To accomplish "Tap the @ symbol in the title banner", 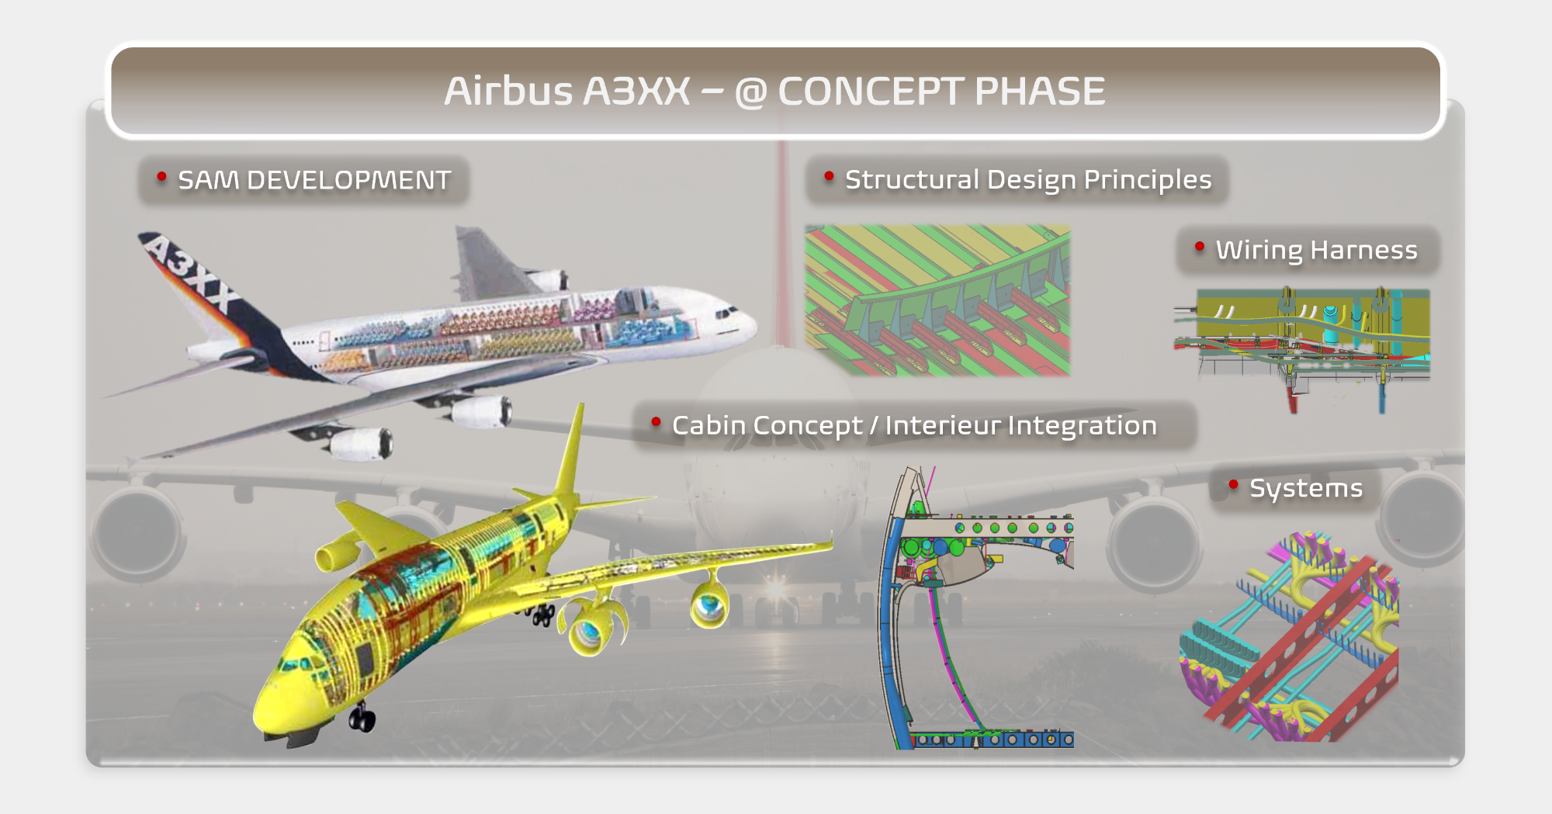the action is tap(750, 93).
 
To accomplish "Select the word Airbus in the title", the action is tap(508, 91).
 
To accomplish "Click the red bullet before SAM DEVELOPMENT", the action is tap(161, 177).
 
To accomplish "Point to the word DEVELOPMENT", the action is tap(348, 181).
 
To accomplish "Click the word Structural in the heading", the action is tap(912, 180).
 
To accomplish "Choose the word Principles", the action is tap(1148, 181).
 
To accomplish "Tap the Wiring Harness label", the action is tap(1316, 251).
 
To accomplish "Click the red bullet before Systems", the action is tap(1233, 485).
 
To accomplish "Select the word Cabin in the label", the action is tap(703, 425).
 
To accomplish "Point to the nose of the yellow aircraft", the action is tap(259, 718).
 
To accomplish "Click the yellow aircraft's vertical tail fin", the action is tap(570, 458).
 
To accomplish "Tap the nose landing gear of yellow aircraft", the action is tap(361, 718).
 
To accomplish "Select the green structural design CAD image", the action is tap(937, 301).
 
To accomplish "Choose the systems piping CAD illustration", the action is tap(1289, 636).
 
